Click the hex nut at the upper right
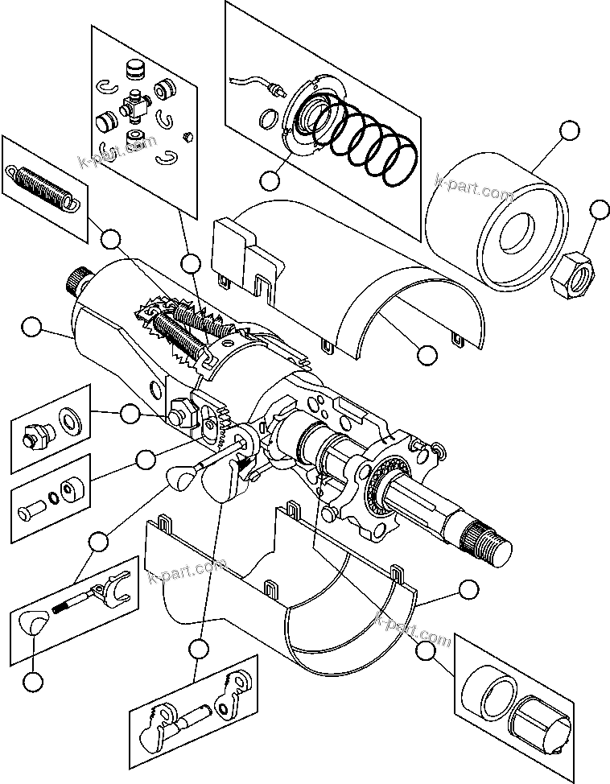tap(571, 274)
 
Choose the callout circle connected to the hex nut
tap(598, 211)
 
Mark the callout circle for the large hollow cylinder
tap(568, 131)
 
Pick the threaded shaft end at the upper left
tap(77, 279)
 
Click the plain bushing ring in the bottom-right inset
tap(490, 691)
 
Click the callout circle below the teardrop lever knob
tap(33, 681)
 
